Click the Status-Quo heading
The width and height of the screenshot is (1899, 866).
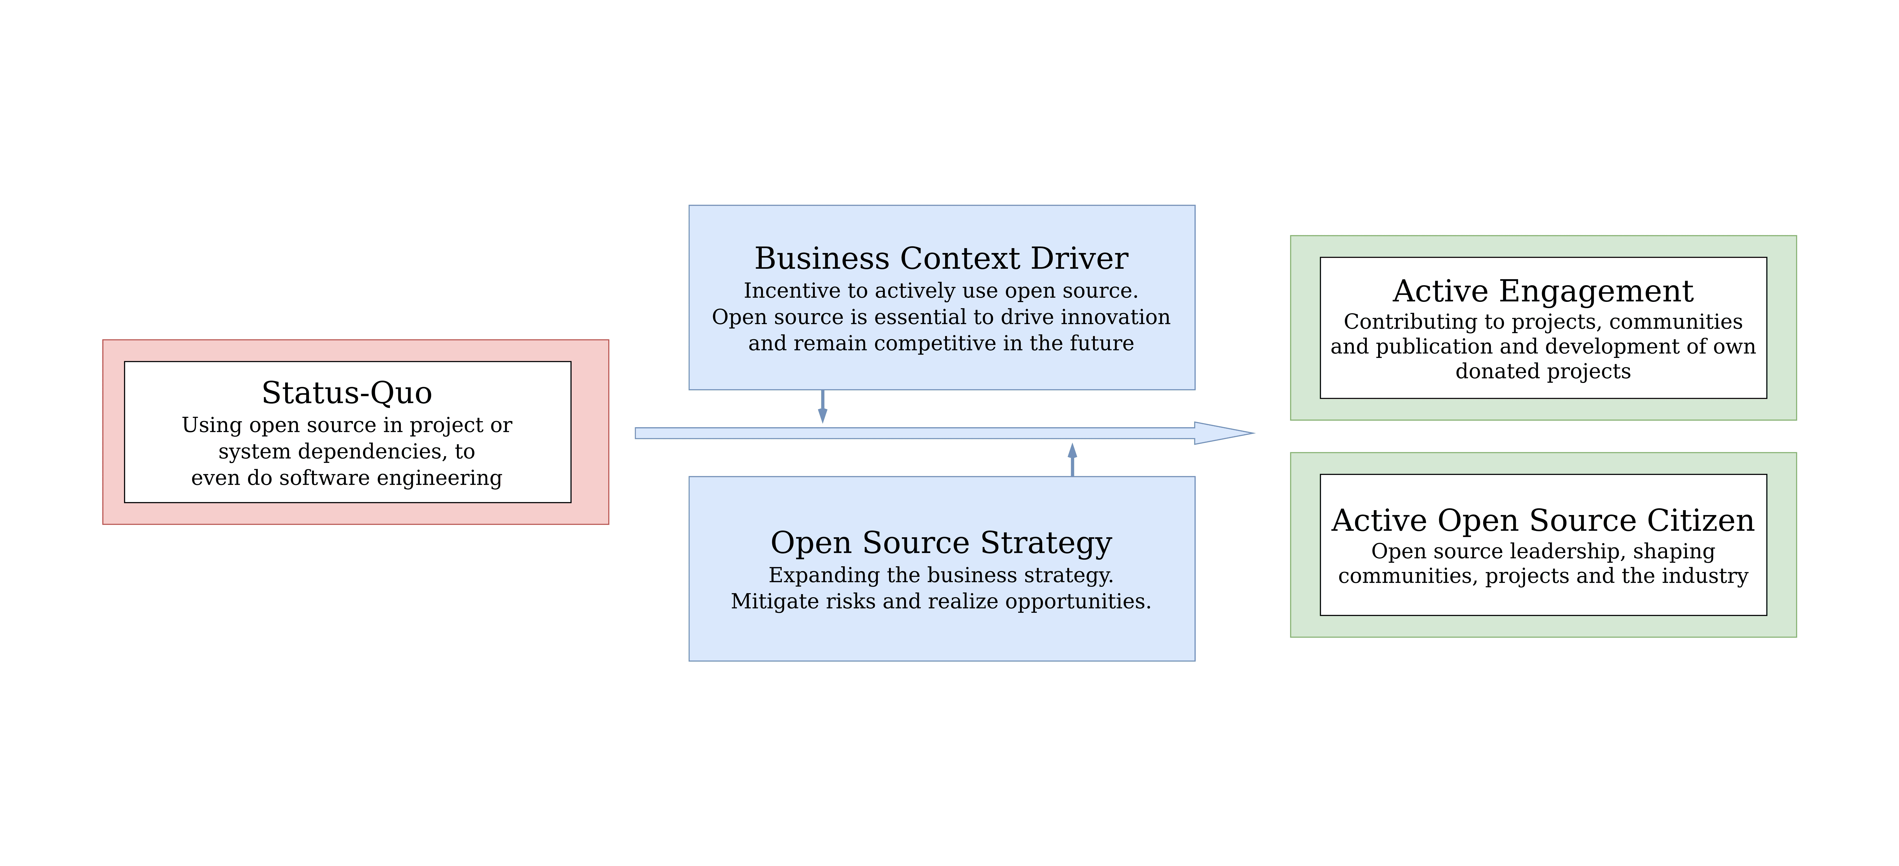point(347,393)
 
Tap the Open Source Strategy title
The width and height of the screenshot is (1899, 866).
point(941,542)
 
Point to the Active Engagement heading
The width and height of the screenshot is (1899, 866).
point(1543,291)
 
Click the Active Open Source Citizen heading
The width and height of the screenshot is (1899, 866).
point(1543,520)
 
